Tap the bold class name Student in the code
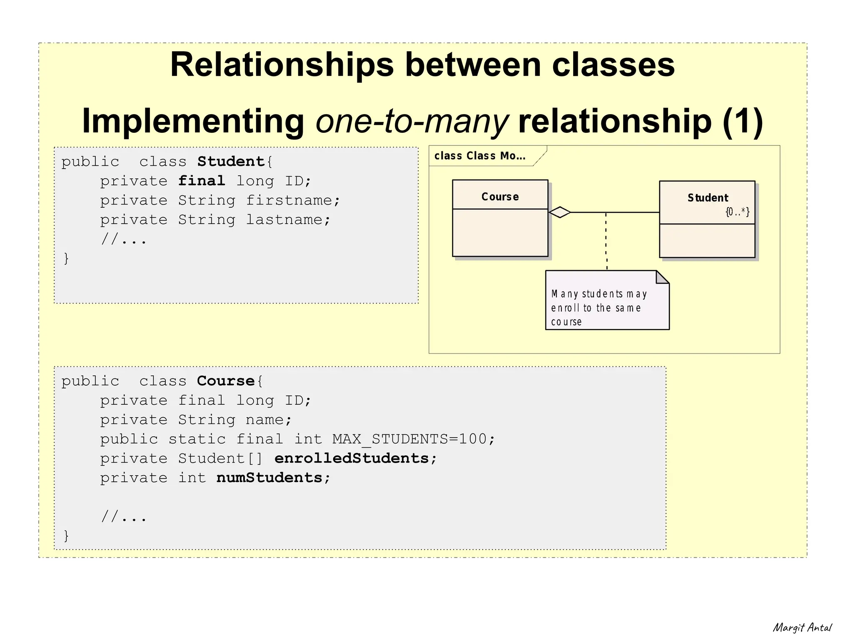pos(231,162)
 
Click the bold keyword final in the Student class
pos(202,181)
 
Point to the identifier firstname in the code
pos(290,200)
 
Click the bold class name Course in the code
pos(225,381)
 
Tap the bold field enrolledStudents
pos(352,458)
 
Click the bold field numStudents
pos(269,478)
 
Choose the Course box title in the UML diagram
pos(500,197)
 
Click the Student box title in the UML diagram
pos(708,198)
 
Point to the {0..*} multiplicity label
pos(737,212)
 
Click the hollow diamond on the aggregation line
pos(560,212)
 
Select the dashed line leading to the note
pos(606,242)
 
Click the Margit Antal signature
pos(802,628)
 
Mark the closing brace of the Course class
pos(66,535)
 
